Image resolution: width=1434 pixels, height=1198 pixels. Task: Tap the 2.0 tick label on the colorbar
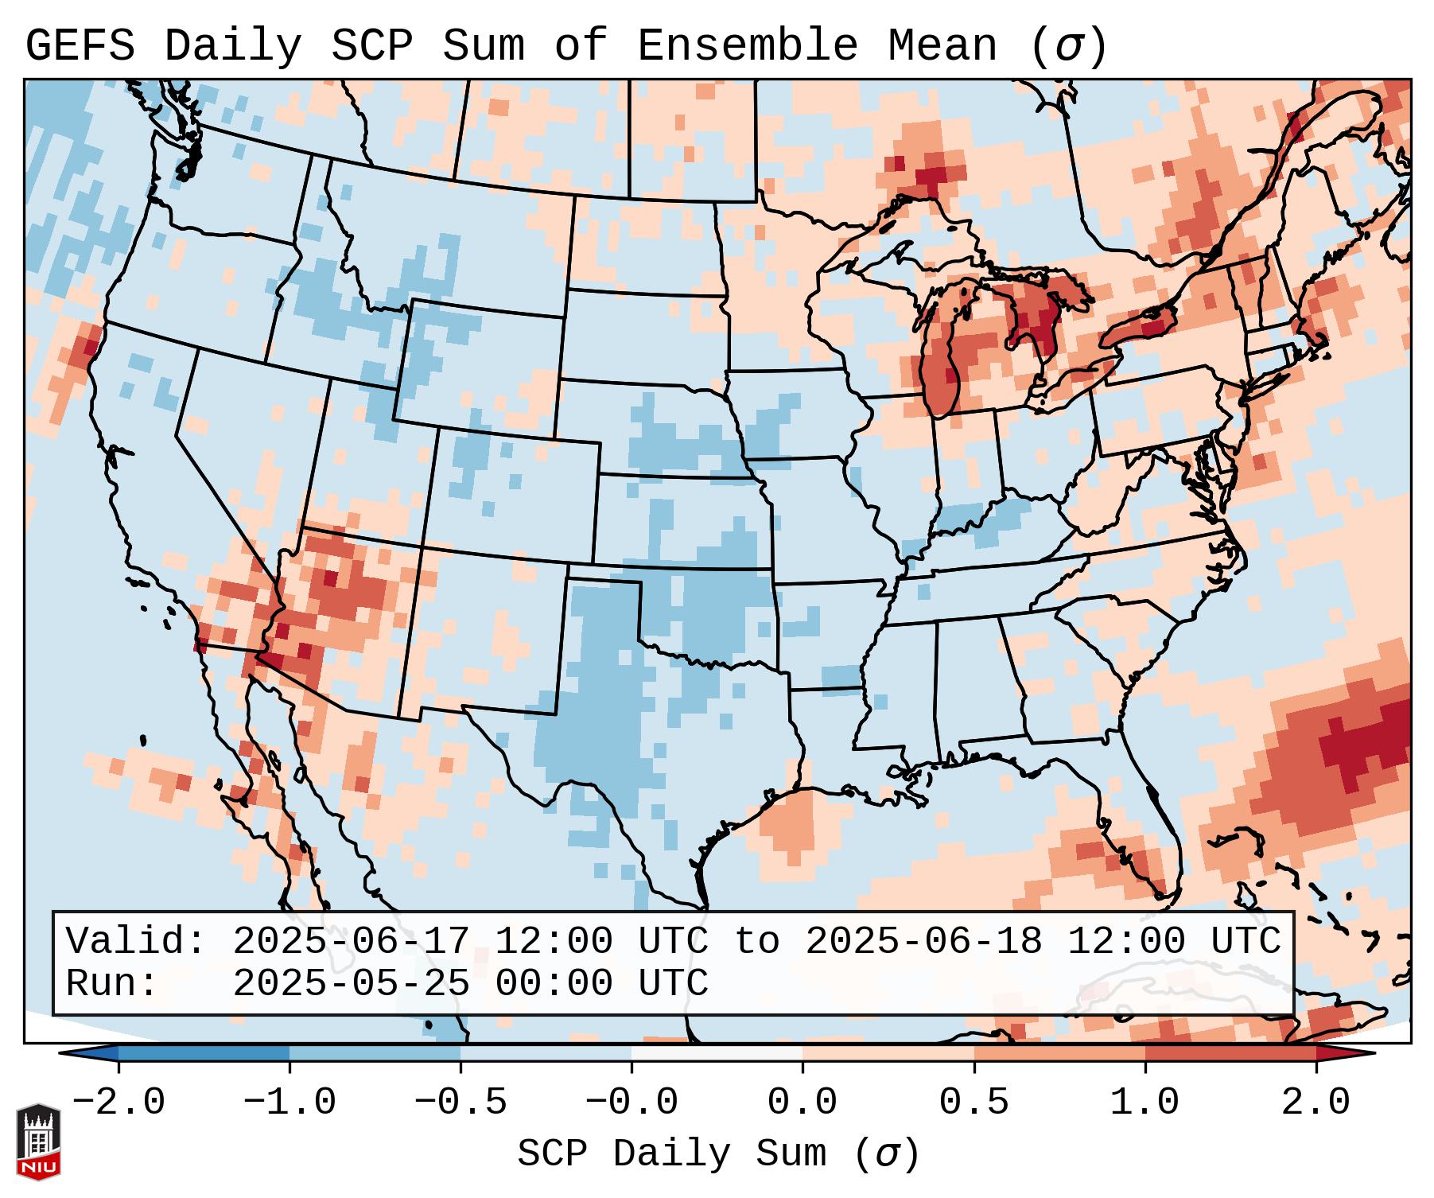pos(1316,1103)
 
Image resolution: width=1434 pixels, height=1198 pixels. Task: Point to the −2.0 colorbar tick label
pos(119,1103)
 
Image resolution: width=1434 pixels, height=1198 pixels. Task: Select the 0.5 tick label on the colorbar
pos(974,1103)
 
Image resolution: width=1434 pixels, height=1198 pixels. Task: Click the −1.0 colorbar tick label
pos(289,1103)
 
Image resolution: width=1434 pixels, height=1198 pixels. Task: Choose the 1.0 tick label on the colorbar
pos(1145,1103)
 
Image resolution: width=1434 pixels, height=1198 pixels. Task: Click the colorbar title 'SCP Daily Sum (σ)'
pos(718,1154)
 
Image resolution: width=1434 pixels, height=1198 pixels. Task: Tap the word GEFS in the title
pos(80,46)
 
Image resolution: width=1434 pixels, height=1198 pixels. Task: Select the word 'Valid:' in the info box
pos(136,941)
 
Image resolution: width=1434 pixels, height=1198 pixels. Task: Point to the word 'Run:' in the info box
pos(112,984)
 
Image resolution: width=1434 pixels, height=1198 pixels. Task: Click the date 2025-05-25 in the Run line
pos(351,984)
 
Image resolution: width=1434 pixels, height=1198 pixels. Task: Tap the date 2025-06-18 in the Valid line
pos(923,941)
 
